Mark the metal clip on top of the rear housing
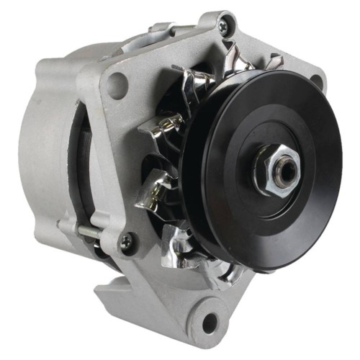coord(166,29)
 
